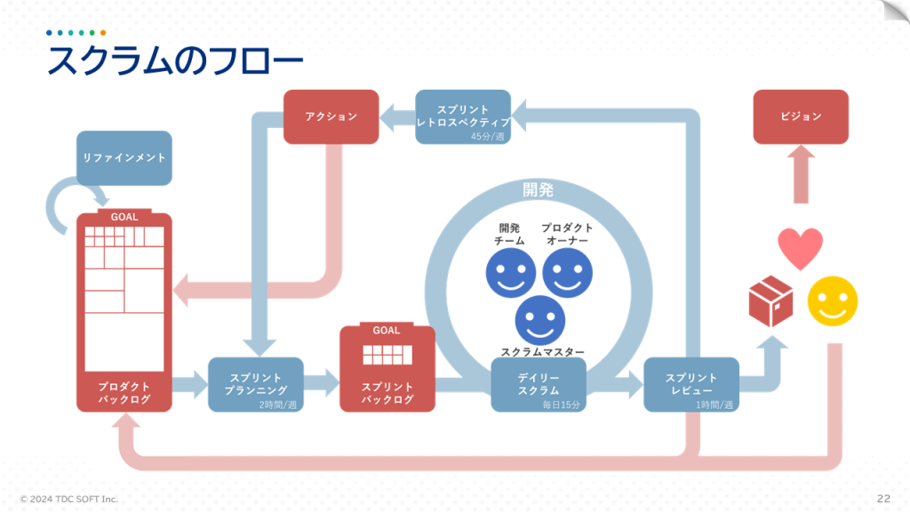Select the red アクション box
pos(331,116)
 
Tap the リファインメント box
pos(124,158)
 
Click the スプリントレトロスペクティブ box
pos(463,116)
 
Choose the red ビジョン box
pos(801,116)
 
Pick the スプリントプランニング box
pos(256,384)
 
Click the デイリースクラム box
pos(539,384)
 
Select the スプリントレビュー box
pos(691,384)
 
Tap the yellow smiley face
pos(833,301)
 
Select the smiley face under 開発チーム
pos(510,273)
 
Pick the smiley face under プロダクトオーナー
pos(567,273)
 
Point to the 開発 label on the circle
pos(538,189)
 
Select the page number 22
pos(883,498)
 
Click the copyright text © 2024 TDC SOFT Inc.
pos(69,499)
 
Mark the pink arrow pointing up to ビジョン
pos(801,174)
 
